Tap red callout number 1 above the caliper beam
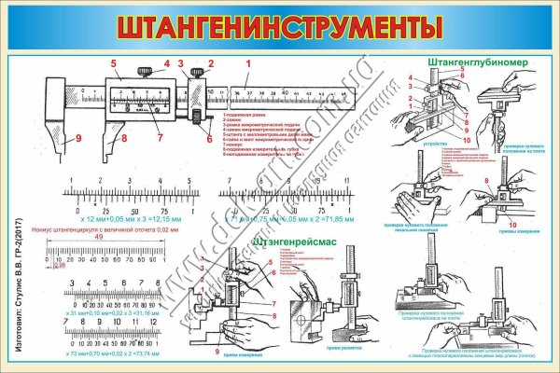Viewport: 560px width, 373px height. [248, 63]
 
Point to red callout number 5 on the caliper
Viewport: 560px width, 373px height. [113, 63]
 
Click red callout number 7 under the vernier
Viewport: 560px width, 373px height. [160, 139]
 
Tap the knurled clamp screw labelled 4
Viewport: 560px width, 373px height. [145, 72]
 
